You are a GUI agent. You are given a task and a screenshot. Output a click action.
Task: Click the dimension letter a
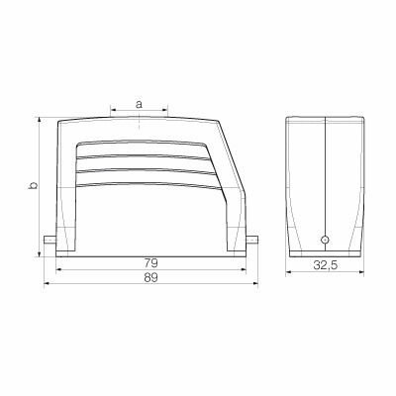tap(139, 102)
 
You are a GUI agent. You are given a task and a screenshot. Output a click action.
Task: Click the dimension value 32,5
tap(325, 264)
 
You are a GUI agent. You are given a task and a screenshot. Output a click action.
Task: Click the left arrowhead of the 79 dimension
tap(59, 270)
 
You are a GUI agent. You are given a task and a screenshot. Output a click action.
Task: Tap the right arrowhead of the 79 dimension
tap(243, 270)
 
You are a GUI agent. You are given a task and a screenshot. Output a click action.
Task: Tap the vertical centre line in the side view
tap(325, 178)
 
